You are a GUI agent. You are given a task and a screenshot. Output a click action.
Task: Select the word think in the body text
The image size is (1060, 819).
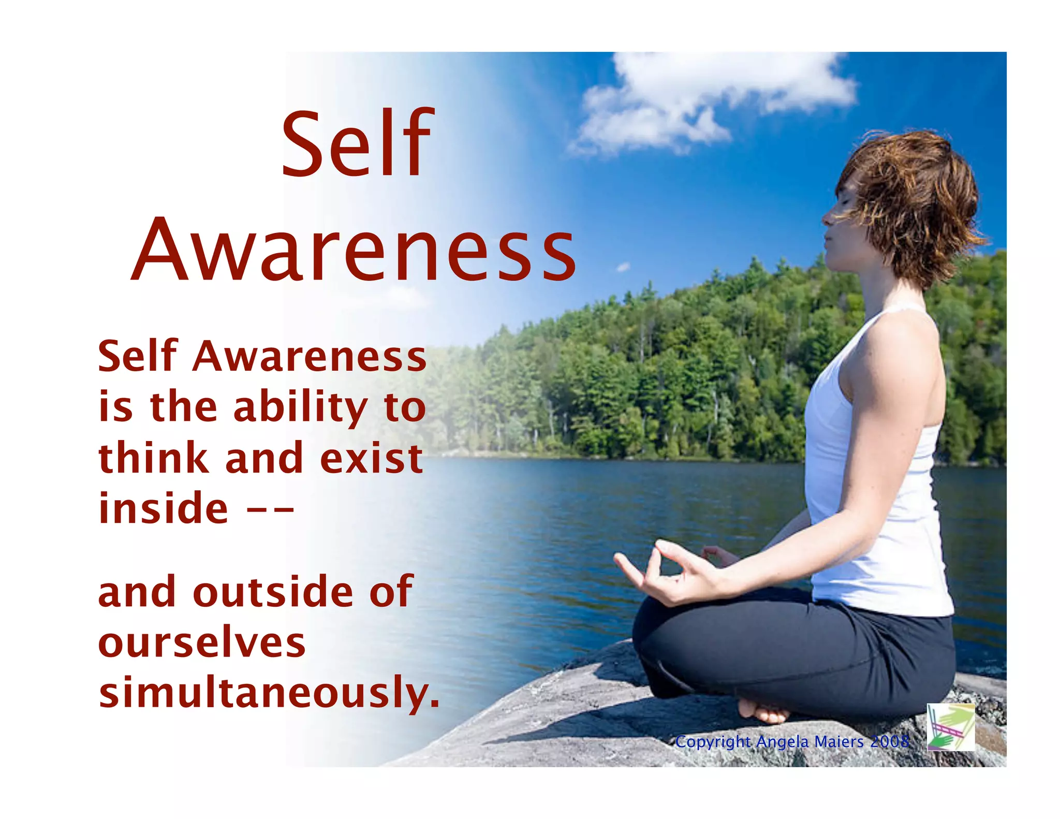pyautogui.click(x=153, y=458)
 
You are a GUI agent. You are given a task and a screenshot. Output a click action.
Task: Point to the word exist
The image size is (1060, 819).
pyautogui.click(x=372, y=459)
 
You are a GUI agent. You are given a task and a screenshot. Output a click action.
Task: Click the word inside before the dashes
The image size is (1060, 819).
pyautogui.click(x=163, y=508)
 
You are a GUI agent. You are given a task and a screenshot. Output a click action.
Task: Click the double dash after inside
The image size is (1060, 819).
pyautogui.click(x=270, y=509)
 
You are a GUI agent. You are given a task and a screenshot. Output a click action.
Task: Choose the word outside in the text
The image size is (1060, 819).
pyautogui.click(x=273, y=592)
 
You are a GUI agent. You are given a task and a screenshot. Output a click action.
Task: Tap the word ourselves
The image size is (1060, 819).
pyautogui.click(x=202, y=643)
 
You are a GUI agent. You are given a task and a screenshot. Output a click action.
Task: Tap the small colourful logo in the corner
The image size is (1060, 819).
pyautogui.click(x=950, y=727)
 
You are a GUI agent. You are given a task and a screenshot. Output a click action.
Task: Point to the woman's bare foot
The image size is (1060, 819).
pyautogui.click(x=766, y=712)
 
